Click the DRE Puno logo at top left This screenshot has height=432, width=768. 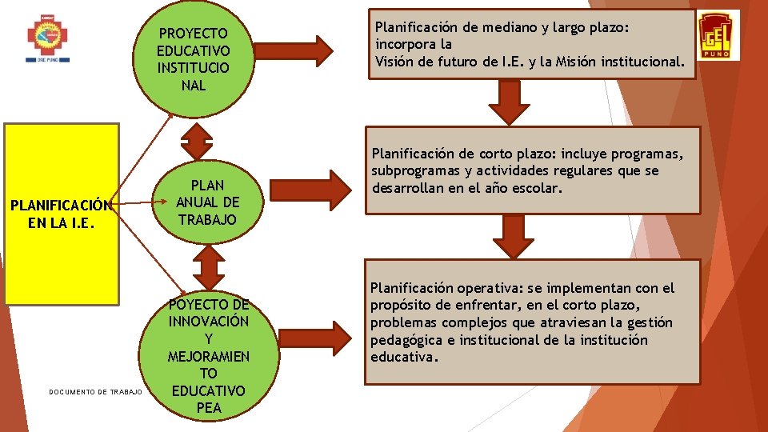click(48, 38)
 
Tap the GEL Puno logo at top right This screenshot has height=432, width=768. click(718, 36)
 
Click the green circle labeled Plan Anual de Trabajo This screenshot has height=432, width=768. click(207, 202)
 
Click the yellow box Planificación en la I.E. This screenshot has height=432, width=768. click(62, 214)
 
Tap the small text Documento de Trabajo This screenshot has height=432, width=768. click(95, 392)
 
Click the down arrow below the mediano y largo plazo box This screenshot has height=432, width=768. click(504, 102)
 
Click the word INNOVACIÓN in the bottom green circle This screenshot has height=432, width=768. click(209, 321)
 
